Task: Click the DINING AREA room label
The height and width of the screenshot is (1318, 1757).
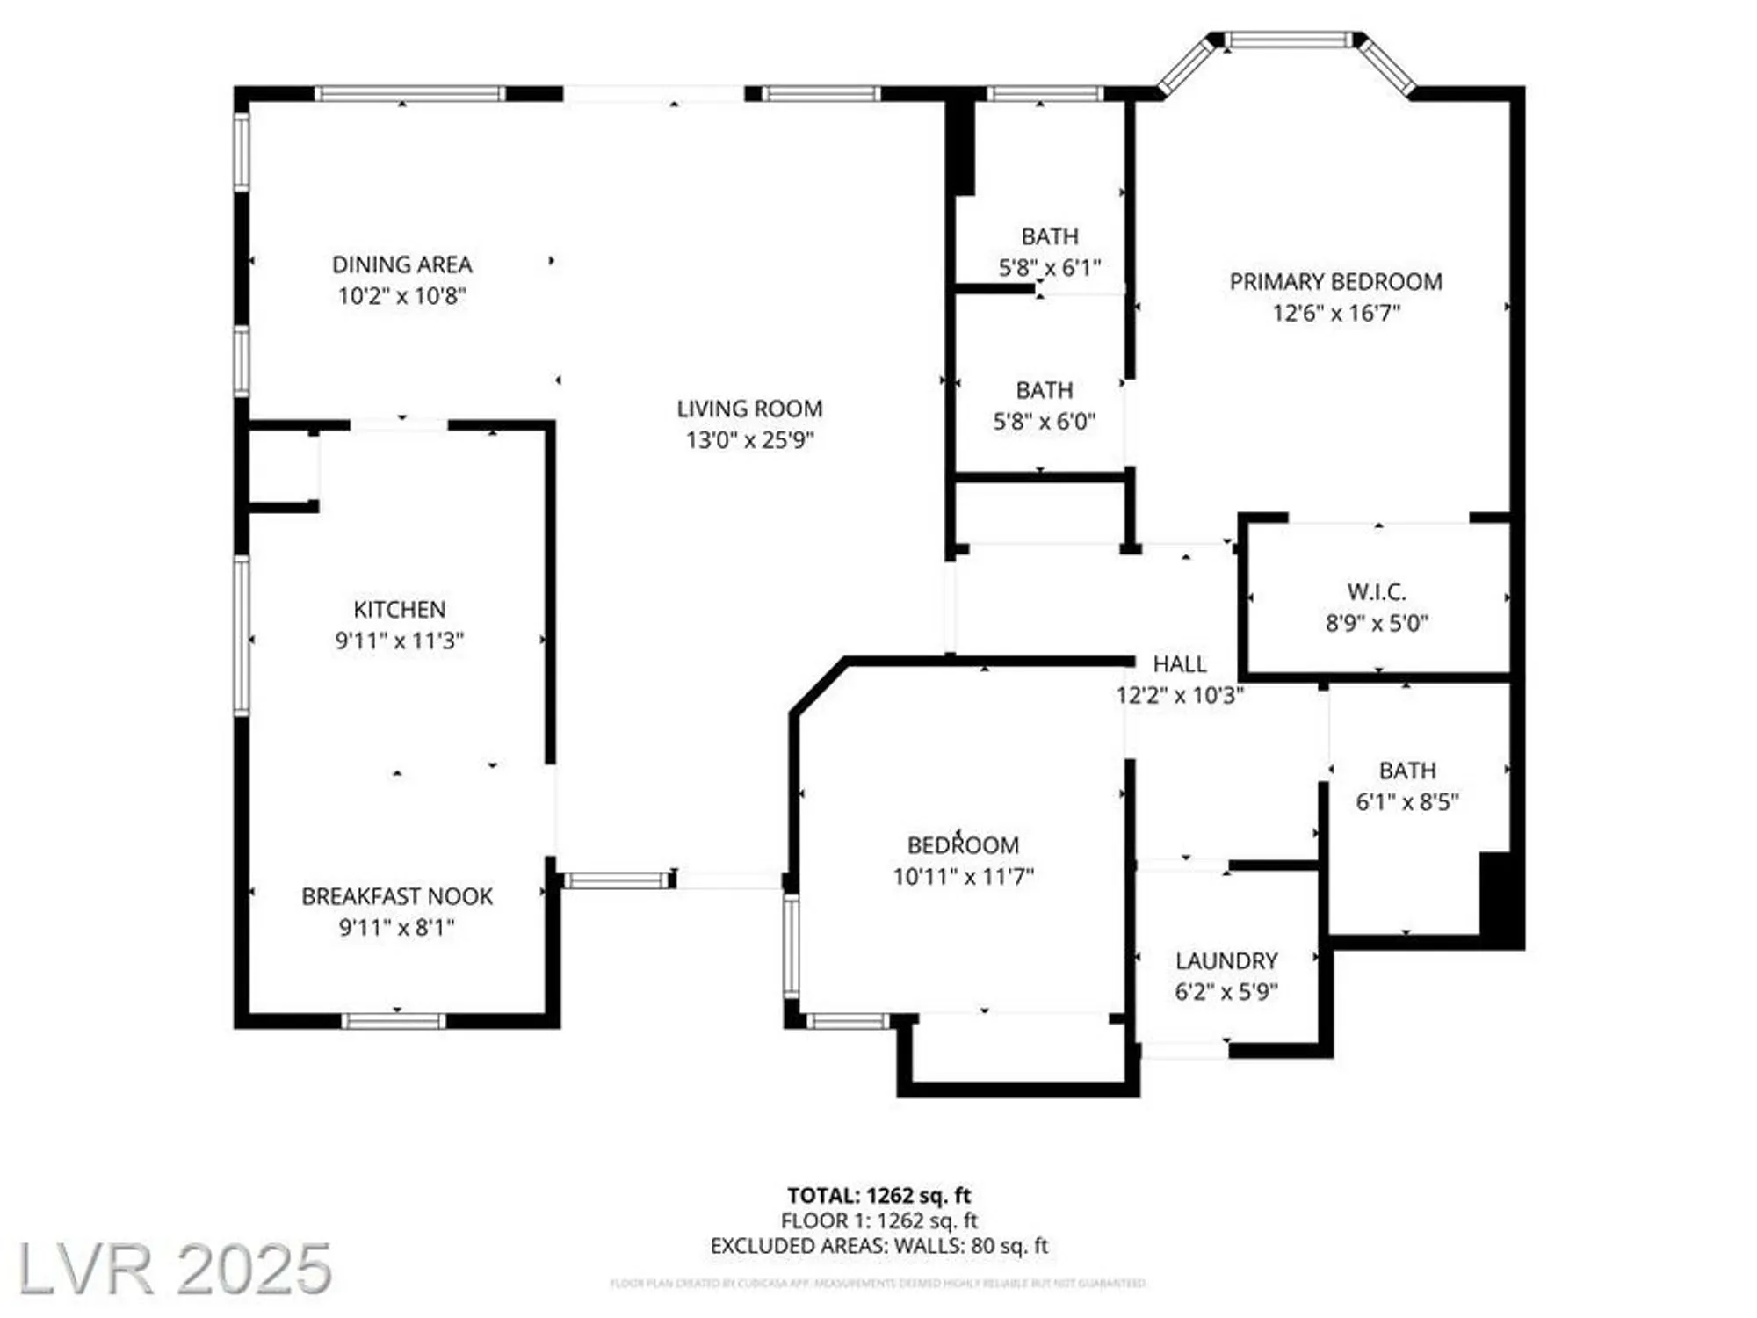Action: tap(401, 264)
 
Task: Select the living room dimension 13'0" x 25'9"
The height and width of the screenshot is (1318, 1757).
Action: tap(749, 439)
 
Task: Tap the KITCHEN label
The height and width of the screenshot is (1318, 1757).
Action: tap(399, 609)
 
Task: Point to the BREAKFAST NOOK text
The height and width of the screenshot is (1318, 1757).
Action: tap(397, 896)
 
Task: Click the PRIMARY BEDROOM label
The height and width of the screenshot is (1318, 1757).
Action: tap(1335, 282)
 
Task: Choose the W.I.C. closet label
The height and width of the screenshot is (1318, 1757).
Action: tap(1376, 591)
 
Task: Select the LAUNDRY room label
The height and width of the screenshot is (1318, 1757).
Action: tap(1226, 960)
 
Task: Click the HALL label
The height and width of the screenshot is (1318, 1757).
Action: tap(1179, 664)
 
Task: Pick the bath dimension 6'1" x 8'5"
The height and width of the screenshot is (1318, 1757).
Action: tap(1406, 801)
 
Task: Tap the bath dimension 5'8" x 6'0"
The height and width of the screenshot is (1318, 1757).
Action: tap(1044, 422)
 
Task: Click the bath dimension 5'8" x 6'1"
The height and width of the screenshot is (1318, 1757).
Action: tap(1049, 268)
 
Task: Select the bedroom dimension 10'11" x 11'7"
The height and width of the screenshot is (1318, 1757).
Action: tap(963, 876)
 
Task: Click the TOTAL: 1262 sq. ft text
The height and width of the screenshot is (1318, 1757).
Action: tap(878, 1195)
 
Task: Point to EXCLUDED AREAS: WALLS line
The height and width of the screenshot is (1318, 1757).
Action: tap(878, 1246)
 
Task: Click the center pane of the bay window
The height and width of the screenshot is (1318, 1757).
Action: tap(1289, 40)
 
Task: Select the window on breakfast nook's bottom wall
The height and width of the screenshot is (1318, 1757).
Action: tap(393, 1021)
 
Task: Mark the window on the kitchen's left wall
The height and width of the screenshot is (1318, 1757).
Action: tap(242, 635)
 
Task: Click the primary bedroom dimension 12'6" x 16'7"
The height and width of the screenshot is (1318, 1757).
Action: tap(1335, 313)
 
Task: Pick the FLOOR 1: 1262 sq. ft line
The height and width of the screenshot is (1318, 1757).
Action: tap(878, 1220)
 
